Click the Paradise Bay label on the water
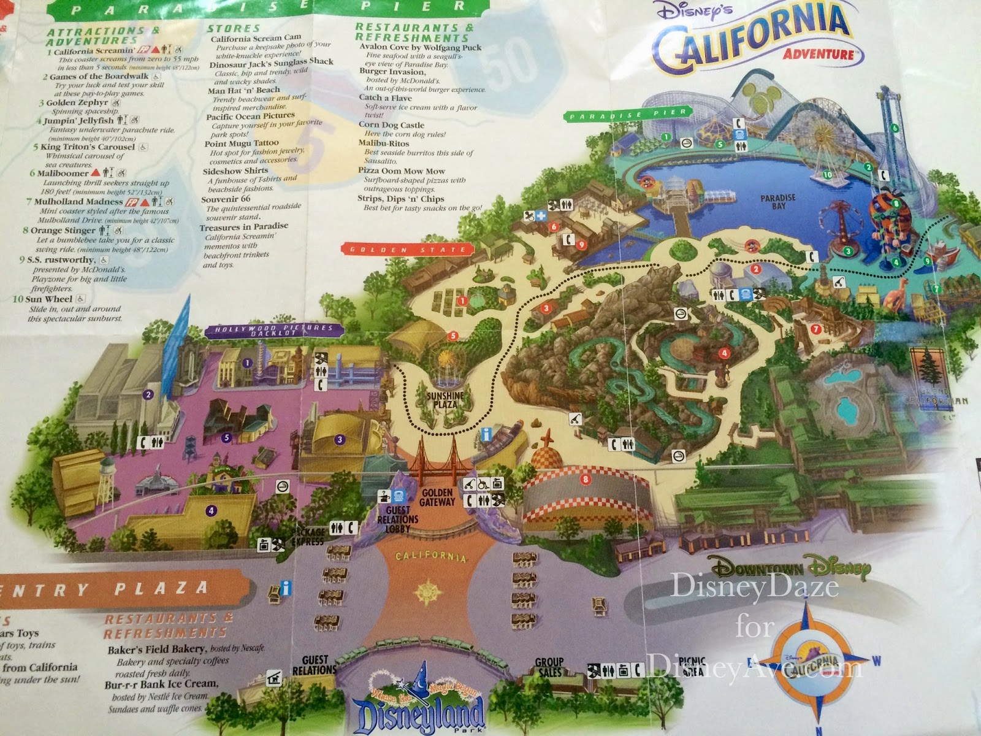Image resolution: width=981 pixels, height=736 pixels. tap(778, 202)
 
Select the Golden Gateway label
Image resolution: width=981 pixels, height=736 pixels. tap(437, 497)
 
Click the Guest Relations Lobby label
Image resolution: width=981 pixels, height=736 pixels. tap(398, 519)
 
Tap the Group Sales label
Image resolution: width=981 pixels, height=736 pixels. tap(549, 667)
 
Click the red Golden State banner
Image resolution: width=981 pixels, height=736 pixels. tap(408, 250)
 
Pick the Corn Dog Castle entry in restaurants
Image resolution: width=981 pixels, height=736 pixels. tap(391, 125)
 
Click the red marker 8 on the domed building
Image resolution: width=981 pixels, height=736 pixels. tap(586, 478)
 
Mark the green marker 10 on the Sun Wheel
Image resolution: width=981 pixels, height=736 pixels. tap(827, 175)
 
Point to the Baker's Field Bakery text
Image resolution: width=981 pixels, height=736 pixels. tap(156, 649)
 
